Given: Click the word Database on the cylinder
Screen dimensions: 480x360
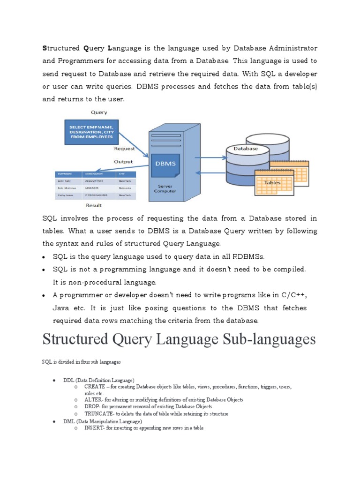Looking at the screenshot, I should point(246,149).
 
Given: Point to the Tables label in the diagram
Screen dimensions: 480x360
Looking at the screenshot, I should point(272,182).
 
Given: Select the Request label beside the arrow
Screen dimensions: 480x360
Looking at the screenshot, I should point(124,149).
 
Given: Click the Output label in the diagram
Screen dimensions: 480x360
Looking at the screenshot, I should point(123,161).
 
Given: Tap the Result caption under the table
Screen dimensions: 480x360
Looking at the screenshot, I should point(94,205).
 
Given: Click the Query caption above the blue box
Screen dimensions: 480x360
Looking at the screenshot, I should point(99,112).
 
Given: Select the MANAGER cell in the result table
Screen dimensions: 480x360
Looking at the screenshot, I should point(92,187).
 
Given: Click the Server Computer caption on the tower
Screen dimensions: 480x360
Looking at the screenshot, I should point(165,189).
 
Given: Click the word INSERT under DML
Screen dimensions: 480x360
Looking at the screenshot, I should point(93,428).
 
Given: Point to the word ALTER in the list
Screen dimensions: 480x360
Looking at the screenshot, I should point(93,400).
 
